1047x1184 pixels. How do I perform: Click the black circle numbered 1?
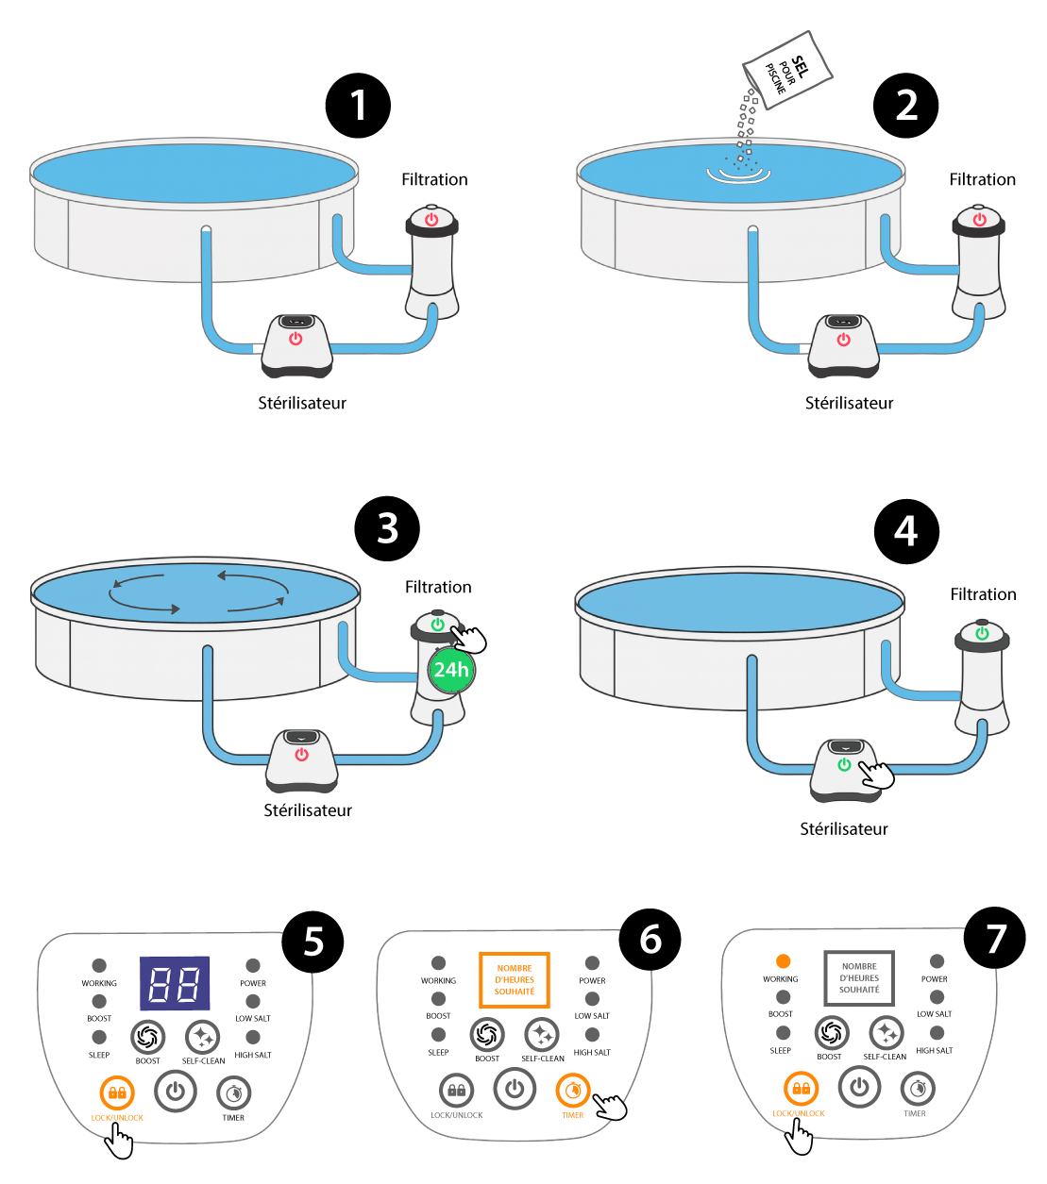358,106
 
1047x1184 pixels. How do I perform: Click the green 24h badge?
451,670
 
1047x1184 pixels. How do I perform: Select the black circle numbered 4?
906,531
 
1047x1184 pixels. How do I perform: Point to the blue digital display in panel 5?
175,984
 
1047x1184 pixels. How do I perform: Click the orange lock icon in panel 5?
117,1092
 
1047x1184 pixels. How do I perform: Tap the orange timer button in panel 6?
572,1091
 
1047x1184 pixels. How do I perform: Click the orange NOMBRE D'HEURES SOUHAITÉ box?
515,980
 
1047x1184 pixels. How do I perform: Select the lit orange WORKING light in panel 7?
783,961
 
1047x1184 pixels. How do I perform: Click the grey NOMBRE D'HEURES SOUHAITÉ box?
859,978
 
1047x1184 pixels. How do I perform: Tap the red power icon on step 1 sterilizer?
296,339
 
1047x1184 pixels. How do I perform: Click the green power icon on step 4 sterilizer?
845,765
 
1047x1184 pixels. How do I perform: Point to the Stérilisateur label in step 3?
308,810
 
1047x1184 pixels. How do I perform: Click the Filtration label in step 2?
982,179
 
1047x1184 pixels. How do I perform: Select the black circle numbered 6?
650,939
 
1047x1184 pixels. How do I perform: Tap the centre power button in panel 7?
859,1087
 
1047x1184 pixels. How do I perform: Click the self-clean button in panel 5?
202,1038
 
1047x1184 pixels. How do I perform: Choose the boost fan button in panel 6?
487,1035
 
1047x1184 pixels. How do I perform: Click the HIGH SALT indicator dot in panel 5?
253,1038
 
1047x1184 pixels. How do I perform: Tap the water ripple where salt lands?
738,173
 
